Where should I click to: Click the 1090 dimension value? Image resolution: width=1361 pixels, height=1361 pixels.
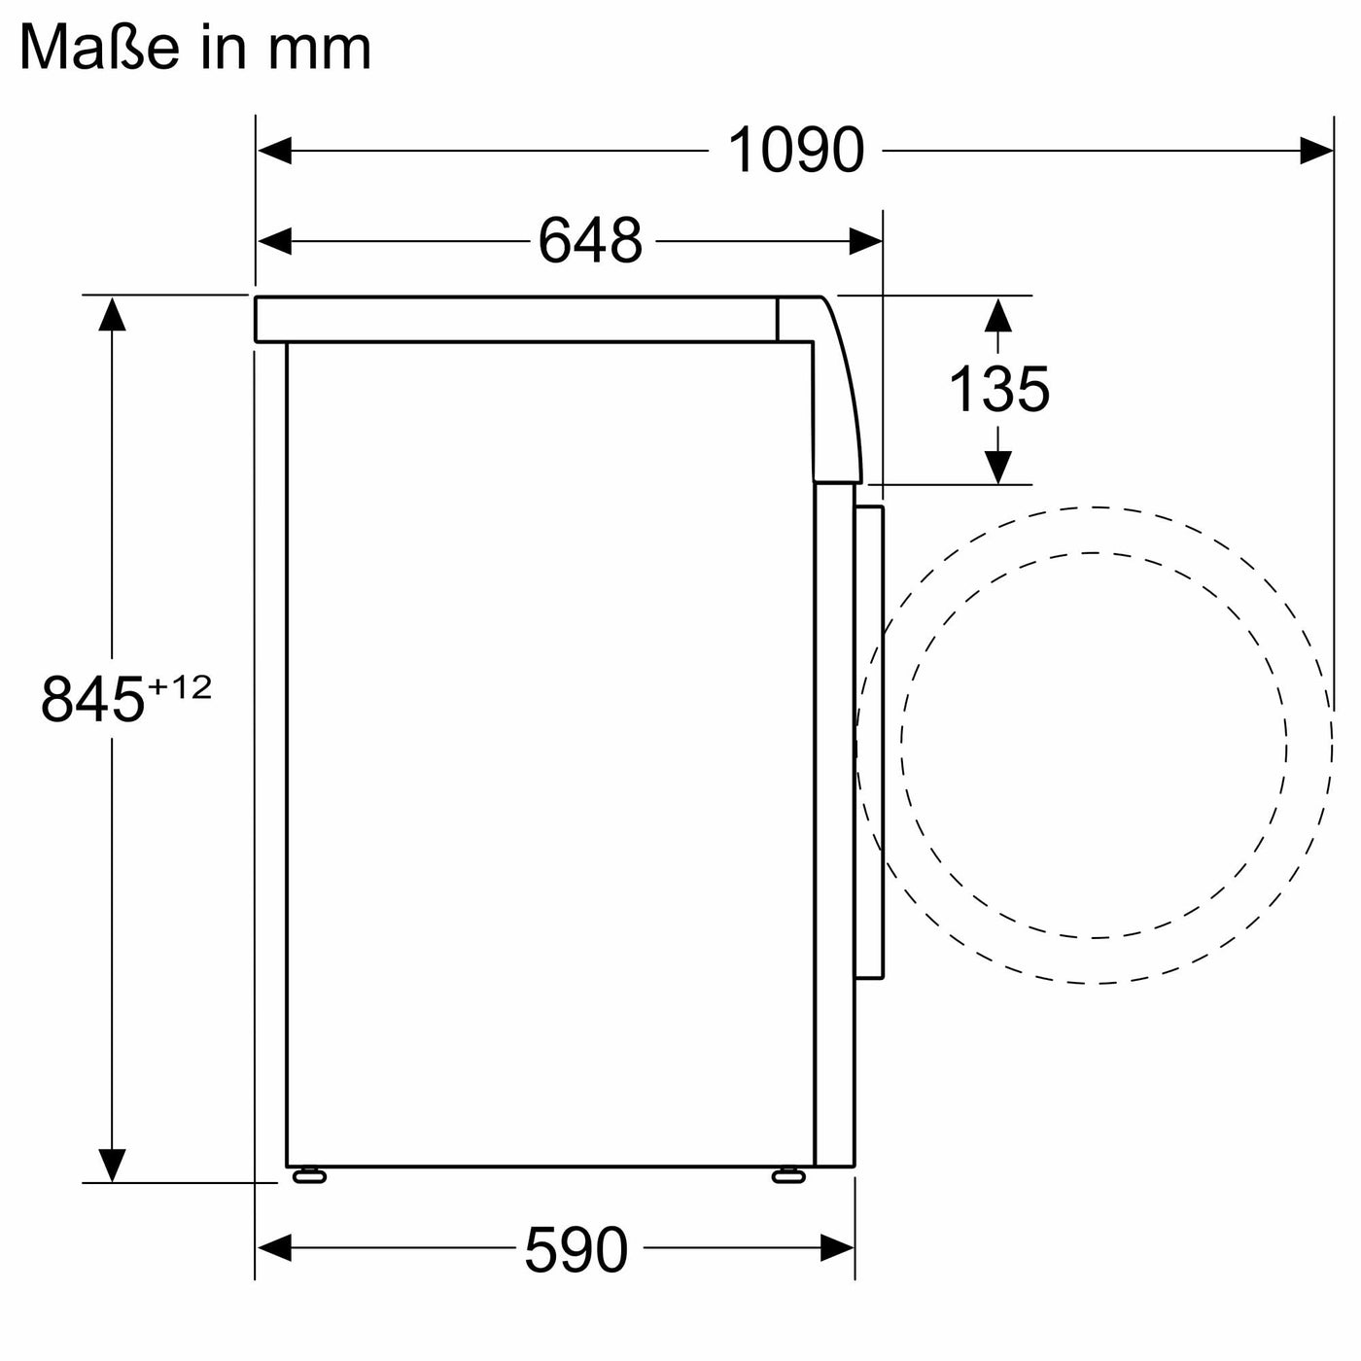795,151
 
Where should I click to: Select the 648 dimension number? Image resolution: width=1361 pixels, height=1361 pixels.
590,240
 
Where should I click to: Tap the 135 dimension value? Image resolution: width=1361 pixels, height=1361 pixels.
998,389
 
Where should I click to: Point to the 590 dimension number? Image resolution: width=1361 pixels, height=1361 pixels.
576,1249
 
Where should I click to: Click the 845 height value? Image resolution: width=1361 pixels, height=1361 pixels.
92,699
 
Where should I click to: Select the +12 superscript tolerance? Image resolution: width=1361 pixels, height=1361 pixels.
179,687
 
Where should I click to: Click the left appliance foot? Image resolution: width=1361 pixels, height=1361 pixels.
309,1176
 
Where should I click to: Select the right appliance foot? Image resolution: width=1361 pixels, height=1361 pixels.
788,1176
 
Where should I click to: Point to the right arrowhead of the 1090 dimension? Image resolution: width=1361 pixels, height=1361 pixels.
1316,151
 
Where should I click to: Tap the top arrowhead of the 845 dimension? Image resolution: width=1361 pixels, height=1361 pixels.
113,313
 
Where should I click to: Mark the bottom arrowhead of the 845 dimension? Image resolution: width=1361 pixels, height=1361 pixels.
113,1164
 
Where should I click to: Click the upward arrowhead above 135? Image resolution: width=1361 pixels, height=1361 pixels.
998,314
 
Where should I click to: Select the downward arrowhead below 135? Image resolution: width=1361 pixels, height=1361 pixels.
998,467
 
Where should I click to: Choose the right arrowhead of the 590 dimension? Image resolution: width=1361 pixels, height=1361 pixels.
838,1248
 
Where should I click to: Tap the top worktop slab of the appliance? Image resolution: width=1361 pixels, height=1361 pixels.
515,319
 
